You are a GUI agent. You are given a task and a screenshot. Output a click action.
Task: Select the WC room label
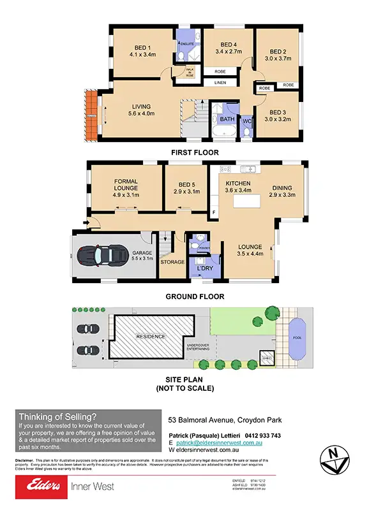click(246, 119)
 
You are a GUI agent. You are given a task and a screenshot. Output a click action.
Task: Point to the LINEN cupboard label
click(220, 83)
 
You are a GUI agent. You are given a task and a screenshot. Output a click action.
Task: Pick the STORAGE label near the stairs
click(172, 262)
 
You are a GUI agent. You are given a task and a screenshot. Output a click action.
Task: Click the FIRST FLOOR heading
click(194, 152)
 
